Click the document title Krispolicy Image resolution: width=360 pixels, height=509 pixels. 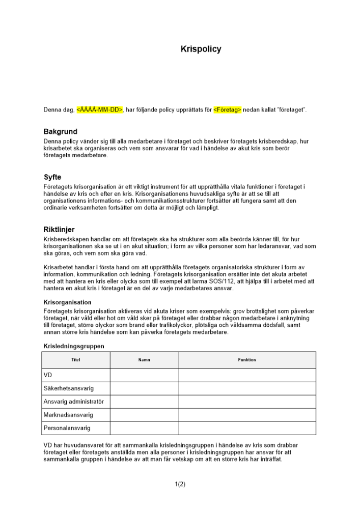pos(201,49)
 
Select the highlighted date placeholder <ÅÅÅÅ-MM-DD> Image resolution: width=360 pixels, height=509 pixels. pos(100,109)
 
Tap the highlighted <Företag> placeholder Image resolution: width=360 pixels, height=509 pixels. pos(227,109)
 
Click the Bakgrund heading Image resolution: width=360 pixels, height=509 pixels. pos(60,132)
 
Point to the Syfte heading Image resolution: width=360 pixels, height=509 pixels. pos(52,178)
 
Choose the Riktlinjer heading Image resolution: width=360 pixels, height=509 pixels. pos(59,230)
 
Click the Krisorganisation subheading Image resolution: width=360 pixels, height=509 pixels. pos(68,302)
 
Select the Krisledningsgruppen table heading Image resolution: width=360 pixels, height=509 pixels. pos(74,346)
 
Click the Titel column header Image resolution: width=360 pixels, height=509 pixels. pos(76,360)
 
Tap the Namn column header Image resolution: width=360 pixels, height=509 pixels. pos(144,360)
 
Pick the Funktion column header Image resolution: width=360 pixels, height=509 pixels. pos(247,360)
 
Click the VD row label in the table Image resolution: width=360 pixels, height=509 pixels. pos(49,375)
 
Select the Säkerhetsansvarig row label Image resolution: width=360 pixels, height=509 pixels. pos(69,388)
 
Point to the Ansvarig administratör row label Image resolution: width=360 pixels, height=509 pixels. pos(74,402)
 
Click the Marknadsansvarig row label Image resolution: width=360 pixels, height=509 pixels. pos(68,415)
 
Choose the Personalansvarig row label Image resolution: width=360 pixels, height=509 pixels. pos(67,428)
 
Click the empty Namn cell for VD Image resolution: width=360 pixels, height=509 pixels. pos(144,375)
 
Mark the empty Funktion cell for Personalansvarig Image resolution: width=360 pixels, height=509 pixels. pos(247,428)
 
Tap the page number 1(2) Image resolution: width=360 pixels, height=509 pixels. pos(180,484)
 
